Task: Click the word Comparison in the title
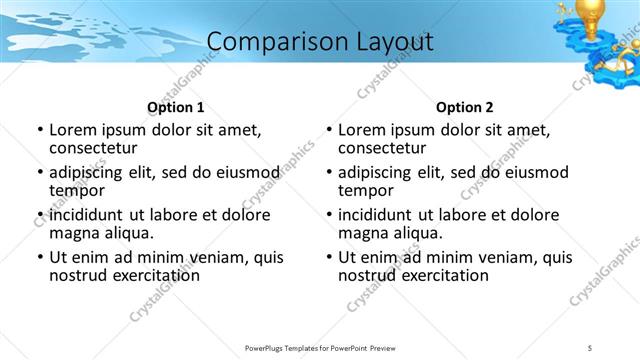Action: pos(268,42)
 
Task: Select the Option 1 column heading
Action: pos(176,107)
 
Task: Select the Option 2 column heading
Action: pos(465,107)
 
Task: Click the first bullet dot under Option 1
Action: pos(40,130)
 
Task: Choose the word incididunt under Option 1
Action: pos(87,215)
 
